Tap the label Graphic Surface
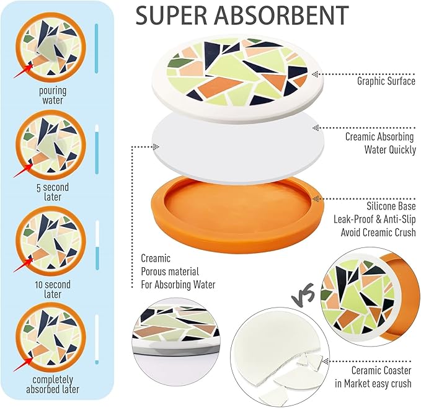click(386, 81)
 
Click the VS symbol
click(302, 290)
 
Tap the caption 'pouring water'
click(52, 95)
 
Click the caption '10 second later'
click(52, 290)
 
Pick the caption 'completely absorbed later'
click(52, 384)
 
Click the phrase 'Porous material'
click(171, 272)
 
